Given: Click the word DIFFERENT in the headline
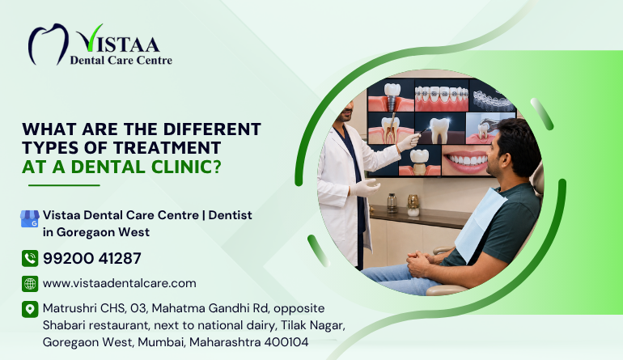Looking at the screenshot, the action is pyautogui.click(x=212, y=129).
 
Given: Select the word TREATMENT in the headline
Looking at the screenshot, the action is pyautogui.click(x=167, y=148).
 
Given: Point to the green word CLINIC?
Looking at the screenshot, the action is pyautogui.click(x=186, y=167).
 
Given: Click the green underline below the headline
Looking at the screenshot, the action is pyautogui.click(x=64, y=185).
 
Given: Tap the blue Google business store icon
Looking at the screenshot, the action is pyautogui.click(x=30, y=218).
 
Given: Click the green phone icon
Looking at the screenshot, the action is pyautogui.click(x=30, y=258).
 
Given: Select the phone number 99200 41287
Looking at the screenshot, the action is pyautogui.click(x=91, y=258).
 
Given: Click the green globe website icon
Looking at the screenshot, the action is pyautogui.click(x=30, y=284).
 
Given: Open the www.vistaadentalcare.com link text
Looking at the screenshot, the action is pyautogui.click(x=120, y=283).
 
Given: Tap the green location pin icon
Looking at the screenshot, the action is pyautogui.click(x=30, y=309).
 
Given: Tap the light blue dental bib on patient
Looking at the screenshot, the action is pyautogui.click(x=479, y=222).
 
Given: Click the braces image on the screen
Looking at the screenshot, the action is pyautogui.click(x=442, y=95).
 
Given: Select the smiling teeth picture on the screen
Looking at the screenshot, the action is pyautogui.click(x=465, y=159).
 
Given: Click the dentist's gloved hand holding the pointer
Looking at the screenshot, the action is pyautogui.click(x=409, y=142).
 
